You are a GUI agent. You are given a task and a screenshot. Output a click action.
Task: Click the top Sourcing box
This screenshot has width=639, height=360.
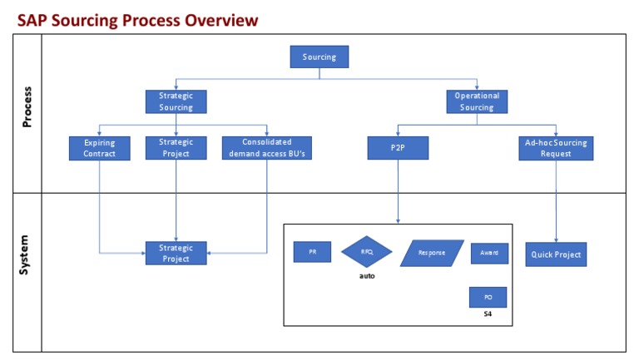[x=319, y=57]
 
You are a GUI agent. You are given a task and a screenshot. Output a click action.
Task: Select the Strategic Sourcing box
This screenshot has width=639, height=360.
[x=176, y=101]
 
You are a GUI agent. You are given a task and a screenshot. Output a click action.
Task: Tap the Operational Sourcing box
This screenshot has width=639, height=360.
[x=478, y=101]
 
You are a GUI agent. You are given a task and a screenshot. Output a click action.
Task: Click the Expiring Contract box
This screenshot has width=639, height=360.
[x=99, y=148]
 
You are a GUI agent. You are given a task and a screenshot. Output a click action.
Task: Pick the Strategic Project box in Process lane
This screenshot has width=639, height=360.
[x=176, y=148]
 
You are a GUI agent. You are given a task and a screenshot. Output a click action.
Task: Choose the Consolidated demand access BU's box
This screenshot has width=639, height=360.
[x=267, y=148]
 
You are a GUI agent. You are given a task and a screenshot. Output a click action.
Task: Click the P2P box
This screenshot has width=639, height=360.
[x=398, y=148]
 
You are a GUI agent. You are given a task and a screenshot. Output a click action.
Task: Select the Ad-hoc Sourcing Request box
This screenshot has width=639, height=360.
[x=556, y=148]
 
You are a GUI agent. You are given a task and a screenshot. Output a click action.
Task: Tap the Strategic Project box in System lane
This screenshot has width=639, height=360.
[x=176, y=253]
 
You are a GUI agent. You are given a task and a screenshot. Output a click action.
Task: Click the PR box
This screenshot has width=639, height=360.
[x=312, y=252]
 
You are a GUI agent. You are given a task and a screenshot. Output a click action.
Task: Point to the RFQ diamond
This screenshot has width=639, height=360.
[x=366, y=252]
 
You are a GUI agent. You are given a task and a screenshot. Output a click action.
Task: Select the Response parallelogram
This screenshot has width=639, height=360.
[x=431, y=253]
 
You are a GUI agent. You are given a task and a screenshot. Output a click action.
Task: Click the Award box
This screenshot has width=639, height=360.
[x=488, y=253]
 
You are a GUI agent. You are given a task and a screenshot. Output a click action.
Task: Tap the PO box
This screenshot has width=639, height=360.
[x=488, y=297]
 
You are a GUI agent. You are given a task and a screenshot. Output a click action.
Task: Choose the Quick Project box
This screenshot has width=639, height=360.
[x=556, y=254]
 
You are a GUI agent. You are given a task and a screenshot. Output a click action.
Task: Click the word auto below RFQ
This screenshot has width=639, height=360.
[x=366, y=276]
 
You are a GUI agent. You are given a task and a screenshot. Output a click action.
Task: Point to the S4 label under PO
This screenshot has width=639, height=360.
[x=488, y=314]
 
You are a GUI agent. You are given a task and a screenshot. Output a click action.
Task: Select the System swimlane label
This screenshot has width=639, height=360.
[x=27, y=254]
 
